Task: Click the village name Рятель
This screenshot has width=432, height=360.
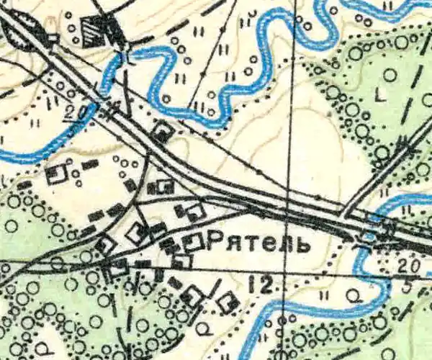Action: [x=257, y=243]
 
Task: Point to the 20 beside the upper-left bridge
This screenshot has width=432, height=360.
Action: [x=71, y=112]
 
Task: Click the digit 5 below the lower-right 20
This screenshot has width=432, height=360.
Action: [x=408, y=287]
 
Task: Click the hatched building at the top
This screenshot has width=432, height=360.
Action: [x=92, y=30]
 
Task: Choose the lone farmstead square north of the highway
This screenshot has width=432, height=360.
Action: [x=164, y=132]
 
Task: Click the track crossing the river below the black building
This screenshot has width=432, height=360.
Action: [x=125, y=58]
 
